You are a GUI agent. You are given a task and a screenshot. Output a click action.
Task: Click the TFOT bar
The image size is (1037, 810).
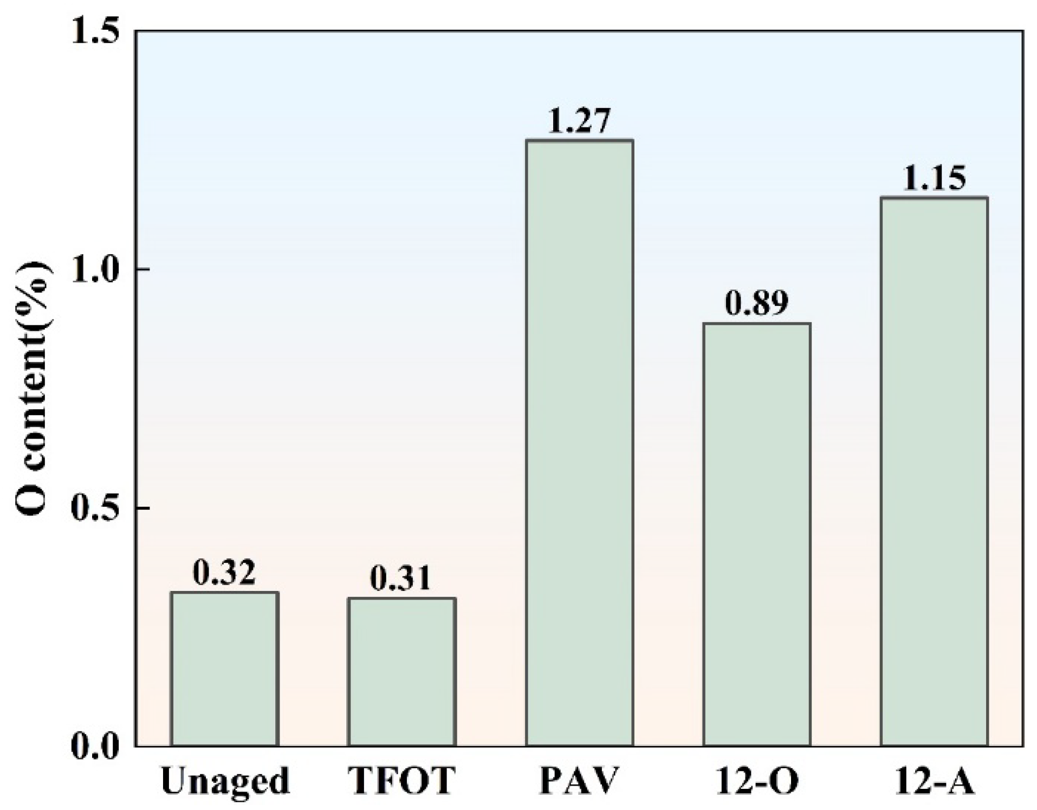click(401, 672)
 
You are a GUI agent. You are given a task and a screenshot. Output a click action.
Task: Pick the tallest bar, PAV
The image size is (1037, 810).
click(579, 443)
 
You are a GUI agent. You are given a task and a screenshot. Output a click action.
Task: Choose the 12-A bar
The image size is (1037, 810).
click(934, 471)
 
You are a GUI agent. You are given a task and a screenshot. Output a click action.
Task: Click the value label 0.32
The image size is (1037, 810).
click(224, 573)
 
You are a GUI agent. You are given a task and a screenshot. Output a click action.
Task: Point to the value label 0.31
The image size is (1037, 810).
click(401, 578)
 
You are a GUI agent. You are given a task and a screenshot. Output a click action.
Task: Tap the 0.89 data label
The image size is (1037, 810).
click(756, 304)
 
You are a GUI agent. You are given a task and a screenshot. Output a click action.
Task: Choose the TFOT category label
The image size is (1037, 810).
click(401, 781)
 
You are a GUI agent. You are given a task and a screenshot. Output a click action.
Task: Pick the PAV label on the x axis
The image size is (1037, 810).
click(579, 781)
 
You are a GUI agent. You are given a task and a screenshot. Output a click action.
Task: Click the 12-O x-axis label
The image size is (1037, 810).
click(756, 781)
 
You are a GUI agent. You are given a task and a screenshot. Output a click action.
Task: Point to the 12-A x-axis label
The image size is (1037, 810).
click(934, 781)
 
